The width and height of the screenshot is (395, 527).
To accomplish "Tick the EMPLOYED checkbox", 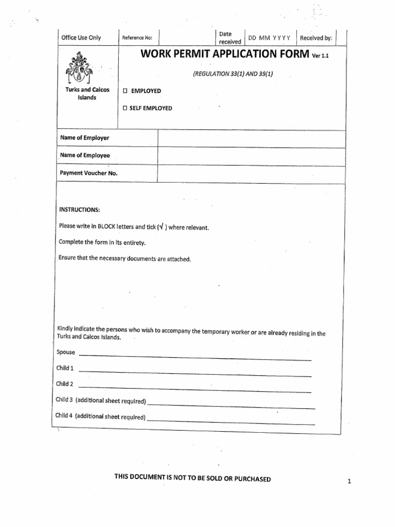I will (x=124, y=91).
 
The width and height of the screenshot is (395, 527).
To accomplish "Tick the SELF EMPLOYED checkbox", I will (x=124, y=108).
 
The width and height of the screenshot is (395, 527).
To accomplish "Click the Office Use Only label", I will (x=81, y=38).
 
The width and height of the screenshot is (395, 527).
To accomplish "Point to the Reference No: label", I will (x=137, y=38).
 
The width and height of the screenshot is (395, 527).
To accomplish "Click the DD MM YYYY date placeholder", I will (x=270, y=38).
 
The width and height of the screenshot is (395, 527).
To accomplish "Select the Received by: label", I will (x=316, y=38).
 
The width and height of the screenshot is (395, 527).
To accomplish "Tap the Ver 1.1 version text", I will (x=320, y=57).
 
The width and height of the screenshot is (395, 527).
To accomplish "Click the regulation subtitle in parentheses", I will (x=232, y=74).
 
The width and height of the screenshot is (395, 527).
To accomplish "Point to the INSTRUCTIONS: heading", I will (x=79, y=210).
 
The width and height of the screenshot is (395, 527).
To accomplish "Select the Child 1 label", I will (x=65, y=368).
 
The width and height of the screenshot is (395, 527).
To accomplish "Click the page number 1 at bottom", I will (x=349, y=482).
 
